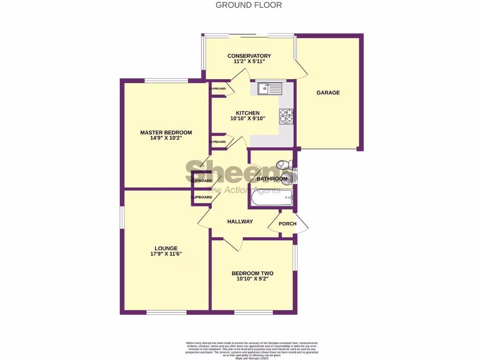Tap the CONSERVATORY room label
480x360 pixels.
[249, 56]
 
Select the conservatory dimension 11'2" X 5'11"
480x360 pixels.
[249, 61]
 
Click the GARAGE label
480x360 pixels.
[328, 93]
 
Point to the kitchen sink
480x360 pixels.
[270, 88]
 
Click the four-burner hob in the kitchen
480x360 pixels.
[286, 116]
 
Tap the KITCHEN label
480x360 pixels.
[247, 113]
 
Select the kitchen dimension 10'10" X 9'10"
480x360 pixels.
[247, 119]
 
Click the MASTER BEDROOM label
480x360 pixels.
[166, 133]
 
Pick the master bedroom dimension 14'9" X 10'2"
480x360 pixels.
[166, 139]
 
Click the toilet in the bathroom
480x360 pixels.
[284, 165]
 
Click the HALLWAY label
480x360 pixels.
[240, 222]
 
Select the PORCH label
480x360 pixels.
[287, 224]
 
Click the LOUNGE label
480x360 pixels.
[166, 248]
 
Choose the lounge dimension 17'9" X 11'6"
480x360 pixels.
[166, 254]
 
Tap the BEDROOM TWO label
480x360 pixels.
[252, 273]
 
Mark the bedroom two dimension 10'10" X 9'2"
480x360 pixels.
[252, 279]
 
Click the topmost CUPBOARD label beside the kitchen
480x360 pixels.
[217, 89]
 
